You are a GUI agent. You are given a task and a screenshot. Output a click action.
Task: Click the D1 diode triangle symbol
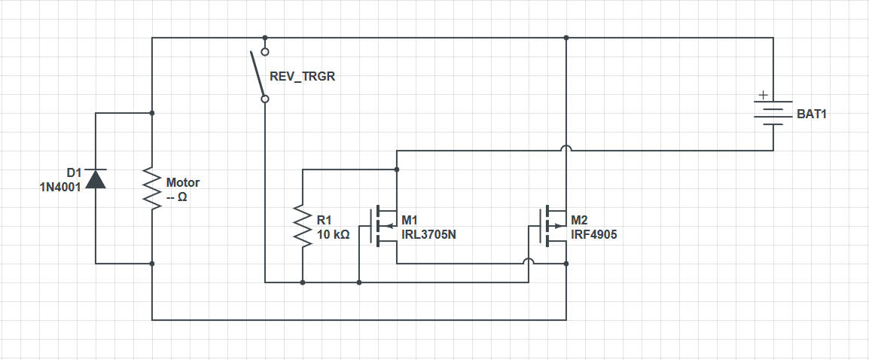coord(96,178)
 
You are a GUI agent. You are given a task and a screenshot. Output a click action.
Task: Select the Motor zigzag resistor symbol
coord(152,188)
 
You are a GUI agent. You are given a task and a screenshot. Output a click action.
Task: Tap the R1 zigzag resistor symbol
coord(303,226)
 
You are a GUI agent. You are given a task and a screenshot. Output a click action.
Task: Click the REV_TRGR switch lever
coord(257,74)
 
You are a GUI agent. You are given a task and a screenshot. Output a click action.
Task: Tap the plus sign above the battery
coord(763,95)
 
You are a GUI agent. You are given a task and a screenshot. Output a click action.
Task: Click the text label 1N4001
coord(59,188)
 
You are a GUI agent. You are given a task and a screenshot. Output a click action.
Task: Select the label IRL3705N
coord(428,235)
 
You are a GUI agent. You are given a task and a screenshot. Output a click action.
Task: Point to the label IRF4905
coord(593,235)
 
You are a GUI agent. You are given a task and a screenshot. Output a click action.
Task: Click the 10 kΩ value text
coord(333,235)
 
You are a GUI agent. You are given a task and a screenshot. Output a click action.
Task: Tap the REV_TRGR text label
coord(302,77)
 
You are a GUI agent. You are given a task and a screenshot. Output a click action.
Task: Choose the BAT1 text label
coord(811,114)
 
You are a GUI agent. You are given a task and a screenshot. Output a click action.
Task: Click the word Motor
coord(183,182)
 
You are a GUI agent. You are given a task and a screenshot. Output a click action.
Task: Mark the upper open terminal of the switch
coord(265,51)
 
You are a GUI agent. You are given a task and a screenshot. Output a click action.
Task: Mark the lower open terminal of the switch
coord(265,99)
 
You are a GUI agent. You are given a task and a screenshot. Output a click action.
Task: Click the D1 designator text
coord(74,174)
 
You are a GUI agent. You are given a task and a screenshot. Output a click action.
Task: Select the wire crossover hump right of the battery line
coord(566,148)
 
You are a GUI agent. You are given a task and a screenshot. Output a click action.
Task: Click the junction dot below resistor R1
coord(303,282)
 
